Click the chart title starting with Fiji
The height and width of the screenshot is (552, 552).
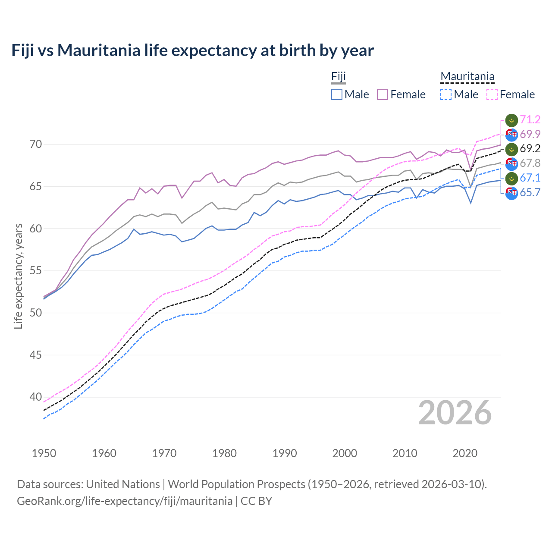pos(192,50)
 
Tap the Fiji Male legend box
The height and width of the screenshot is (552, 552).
pos(337,94)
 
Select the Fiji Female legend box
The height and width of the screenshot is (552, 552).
pos(383,94)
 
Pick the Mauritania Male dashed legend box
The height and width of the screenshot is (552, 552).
pos(446,94)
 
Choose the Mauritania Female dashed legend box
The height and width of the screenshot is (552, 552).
pos(492,94)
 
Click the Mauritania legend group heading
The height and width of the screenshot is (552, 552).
pos(467,77)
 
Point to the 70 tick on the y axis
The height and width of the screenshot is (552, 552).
pos(36,144)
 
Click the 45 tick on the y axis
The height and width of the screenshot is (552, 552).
pos(36,355)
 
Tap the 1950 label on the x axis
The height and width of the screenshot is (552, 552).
pos(44,453)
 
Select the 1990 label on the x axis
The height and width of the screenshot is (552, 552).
pos(285,453)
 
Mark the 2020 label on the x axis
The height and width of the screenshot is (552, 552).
pos(465,453)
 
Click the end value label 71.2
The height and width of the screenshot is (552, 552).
pos(530,119)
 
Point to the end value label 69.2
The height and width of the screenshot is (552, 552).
pos(530,149)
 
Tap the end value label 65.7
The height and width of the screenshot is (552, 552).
pos(530,193)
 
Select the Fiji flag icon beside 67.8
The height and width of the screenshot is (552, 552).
pos(511,163)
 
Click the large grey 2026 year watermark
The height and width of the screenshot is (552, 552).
pos(455,413)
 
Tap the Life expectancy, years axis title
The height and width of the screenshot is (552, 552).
pos(19,276)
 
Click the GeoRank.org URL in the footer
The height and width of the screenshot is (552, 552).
pos(125,501)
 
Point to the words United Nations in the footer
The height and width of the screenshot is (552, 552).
pos(123,484)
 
